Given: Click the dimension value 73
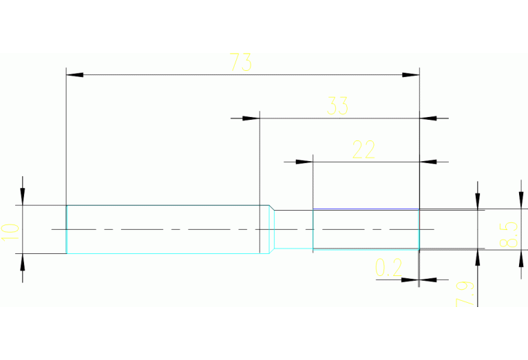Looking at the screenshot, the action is click(241, 63).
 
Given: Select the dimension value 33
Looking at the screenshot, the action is click(337, 107).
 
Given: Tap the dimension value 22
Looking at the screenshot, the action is click(363, 149).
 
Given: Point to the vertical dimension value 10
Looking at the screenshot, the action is click(10, 229).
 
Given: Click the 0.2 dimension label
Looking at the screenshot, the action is click(389, 268).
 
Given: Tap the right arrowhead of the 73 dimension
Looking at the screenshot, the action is click(411, 74).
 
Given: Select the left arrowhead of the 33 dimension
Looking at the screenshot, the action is click(251, 118).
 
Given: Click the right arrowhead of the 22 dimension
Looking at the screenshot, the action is click(427, 162).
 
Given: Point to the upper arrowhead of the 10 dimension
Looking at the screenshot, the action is click(23, 197).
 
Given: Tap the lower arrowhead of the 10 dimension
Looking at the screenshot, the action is click(23, 262).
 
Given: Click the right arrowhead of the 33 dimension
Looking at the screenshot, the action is click(427, 118).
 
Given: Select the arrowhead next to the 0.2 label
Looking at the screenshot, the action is click(427, 279).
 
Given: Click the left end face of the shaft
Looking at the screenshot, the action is click(66, 229).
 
